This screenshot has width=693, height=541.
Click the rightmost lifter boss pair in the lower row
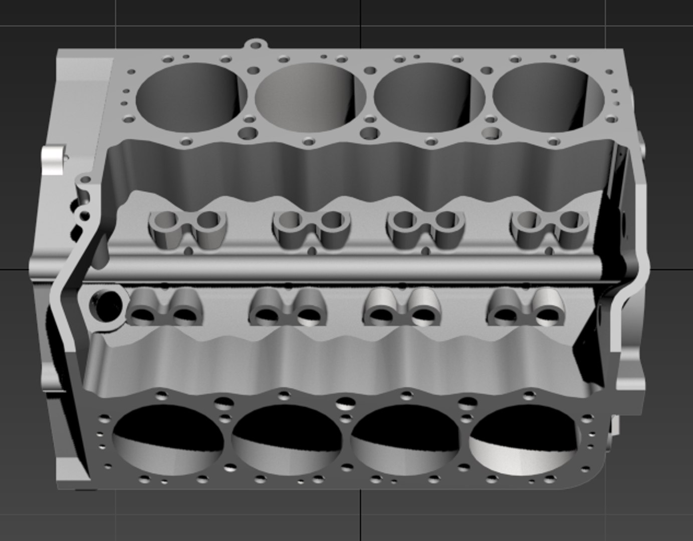(x=526, y=307)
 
